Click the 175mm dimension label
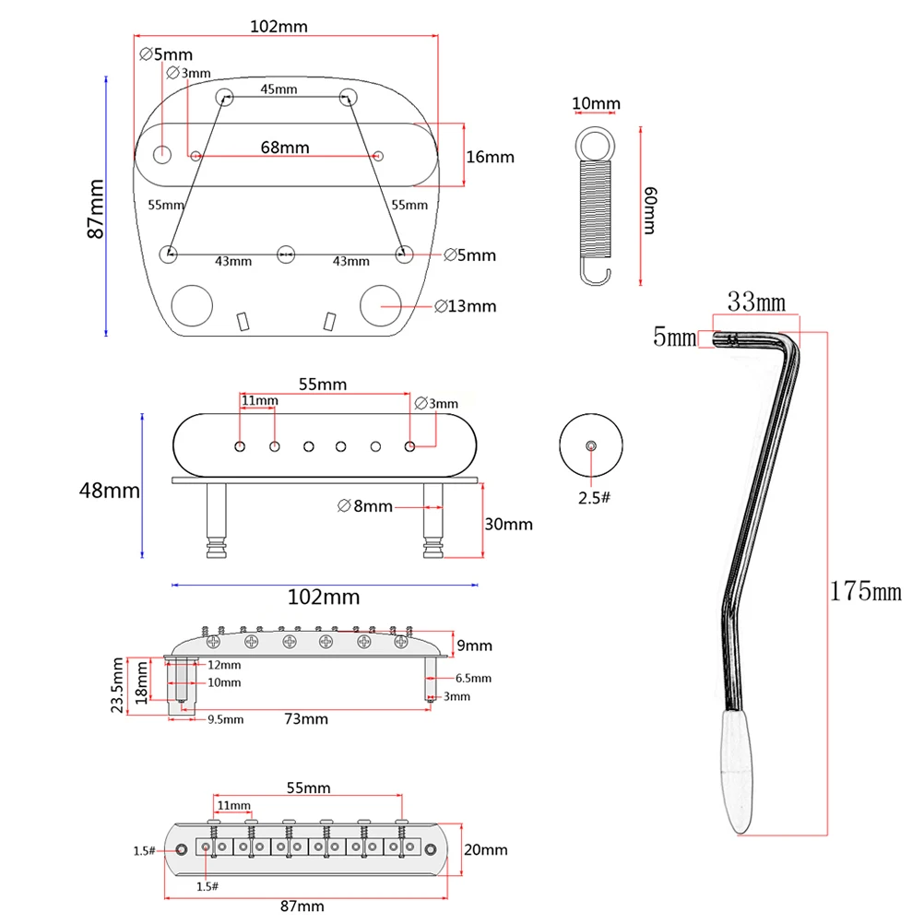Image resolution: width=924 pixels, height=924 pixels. (x=864, y=591)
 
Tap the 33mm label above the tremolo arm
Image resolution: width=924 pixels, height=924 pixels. (x=756, y=302)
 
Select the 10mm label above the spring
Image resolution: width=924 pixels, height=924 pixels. (x=596, y=104)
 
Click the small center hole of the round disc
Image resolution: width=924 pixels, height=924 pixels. (x=591, y=445)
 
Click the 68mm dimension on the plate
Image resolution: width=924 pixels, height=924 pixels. (x=285, y=148)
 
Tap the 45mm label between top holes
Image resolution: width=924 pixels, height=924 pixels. (x=278, y=89)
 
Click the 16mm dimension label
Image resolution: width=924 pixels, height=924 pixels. (x=490, y=157)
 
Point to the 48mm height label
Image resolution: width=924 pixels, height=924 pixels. (x=109, y=491)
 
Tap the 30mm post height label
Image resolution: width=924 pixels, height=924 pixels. (x=508, y=524)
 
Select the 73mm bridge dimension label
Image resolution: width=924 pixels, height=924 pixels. (x=305, y=718)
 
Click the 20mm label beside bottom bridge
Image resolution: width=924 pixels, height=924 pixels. (x=485, y=848)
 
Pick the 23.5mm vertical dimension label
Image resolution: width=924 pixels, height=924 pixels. (x=118, y=686)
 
